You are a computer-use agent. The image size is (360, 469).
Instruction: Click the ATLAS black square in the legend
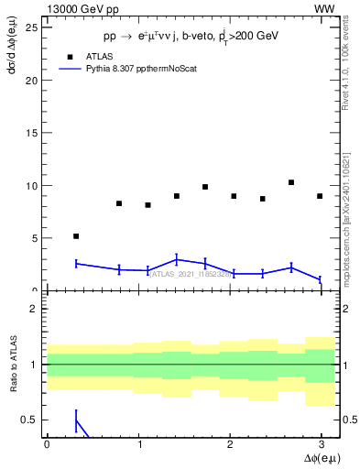(71, 56)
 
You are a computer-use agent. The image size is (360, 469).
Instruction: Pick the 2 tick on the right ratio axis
(349, 309)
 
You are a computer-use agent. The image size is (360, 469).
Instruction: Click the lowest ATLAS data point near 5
(76, 236)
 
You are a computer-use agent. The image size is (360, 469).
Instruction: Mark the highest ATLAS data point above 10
(291, 182)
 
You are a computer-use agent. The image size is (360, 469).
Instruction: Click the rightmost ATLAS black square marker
(320, 196)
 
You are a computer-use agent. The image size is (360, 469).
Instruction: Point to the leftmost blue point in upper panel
(76, 264)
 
